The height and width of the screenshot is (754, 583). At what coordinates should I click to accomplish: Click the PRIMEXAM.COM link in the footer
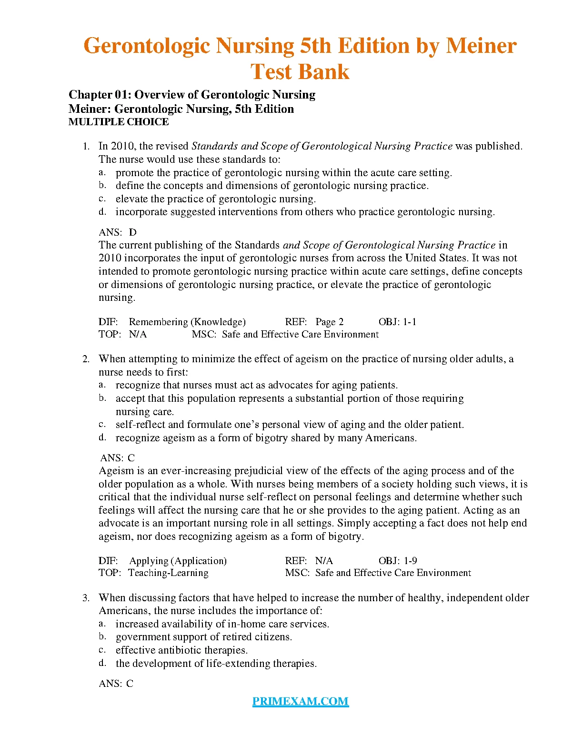pyautogui.click(x=300, y=701)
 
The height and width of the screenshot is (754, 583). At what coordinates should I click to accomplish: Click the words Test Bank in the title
pyautogui.click(x=300, y=72)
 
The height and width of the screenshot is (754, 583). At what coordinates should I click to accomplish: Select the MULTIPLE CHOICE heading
pyautogui.click(x=119, y=122)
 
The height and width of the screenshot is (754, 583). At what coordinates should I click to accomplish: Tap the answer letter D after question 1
pyautogui.click(x=133, y=232)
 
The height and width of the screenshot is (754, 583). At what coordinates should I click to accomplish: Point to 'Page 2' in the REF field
pyautogui.click(x=329, y=322)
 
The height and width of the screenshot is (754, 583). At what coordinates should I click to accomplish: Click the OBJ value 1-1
pyautogui.click(x=410, y=322)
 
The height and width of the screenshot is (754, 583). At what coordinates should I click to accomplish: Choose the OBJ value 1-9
pyautogui.click(x=410, y=561)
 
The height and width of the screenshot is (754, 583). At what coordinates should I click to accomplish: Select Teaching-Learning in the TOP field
pyautogui.click(x=168, y=573)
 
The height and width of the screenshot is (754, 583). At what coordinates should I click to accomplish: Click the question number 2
pyautogui.click(x=86, y=359)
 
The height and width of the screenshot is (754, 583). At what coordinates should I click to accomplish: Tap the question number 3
pyautogui.click(x=86, y=598)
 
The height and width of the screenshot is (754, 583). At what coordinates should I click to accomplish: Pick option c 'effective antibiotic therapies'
pyautogui.click(x=181, y=650)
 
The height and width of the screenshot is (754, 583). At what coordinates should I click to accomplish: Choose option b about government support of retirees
pyautogui.click(x=203, y=637)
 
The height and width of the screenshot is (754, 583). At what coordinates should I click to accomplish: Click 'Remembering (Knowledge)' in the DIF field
pyautogui.click(x=187, y=322)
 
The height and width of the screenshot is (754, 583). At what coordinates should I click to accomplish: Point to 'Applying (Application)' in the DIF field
pyautogui.click(x=178, y=561)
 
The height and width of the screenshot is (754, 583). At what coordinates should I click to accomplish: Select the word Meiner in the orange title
pyautogui.click(x=481, y=46)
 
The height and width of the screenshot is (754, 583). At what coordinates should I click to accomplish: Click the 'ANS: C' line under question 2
pyautogui.click(x=118, y=458)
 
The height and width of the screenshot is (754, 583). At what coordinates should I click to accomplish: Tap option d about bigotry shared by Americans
pyautogui.click(x=266, y=438)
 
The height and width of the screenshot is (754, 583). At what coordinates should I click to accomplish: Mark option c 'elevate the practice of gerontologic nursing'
pyautogui.click(x=215, y=199)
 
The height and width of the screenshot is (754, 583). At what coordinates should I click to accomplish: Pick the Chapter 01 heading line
pyautogui.click(x=191, y=95)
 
